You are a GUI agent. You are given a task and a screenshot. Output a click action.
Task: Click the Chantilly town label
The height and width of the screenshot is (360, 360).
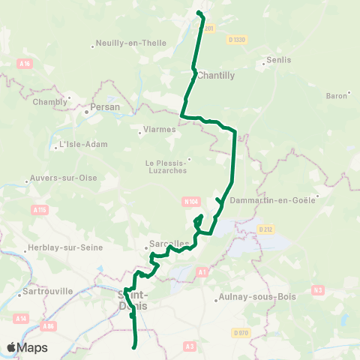(x=216, y=75)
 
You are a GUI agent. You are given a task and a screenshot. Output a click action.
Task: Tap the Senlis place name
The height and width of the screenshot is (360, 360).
(x=278, y=59)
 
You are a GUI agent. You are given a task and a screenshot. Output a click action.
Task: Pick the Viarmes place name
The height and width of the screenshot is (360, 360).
(x=160, y=128)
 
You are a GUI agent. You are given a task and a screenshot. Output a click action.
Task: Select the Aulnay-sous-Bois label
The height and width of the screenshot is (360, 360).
(x=255, y=296)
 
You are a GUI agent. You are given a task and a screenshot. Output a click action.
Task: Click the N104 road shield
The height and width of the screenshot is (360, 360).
(x=190, y=201)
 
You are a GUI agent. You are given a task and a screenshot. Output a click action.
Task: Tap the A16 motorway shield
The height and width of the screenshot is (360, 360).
(x=26, y=64)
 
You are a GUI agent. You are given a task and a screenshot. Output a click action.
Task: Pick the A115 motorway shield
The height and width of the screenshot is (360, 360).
(x=40, y=211)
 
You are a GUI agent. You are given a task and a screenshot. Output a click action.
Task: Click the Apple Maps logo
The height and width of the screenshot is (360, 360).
(x=27, y=347)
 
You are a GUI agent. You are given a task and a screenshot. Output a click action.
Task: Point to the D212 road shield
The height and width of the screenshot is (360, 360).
(x=263, y=229)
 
